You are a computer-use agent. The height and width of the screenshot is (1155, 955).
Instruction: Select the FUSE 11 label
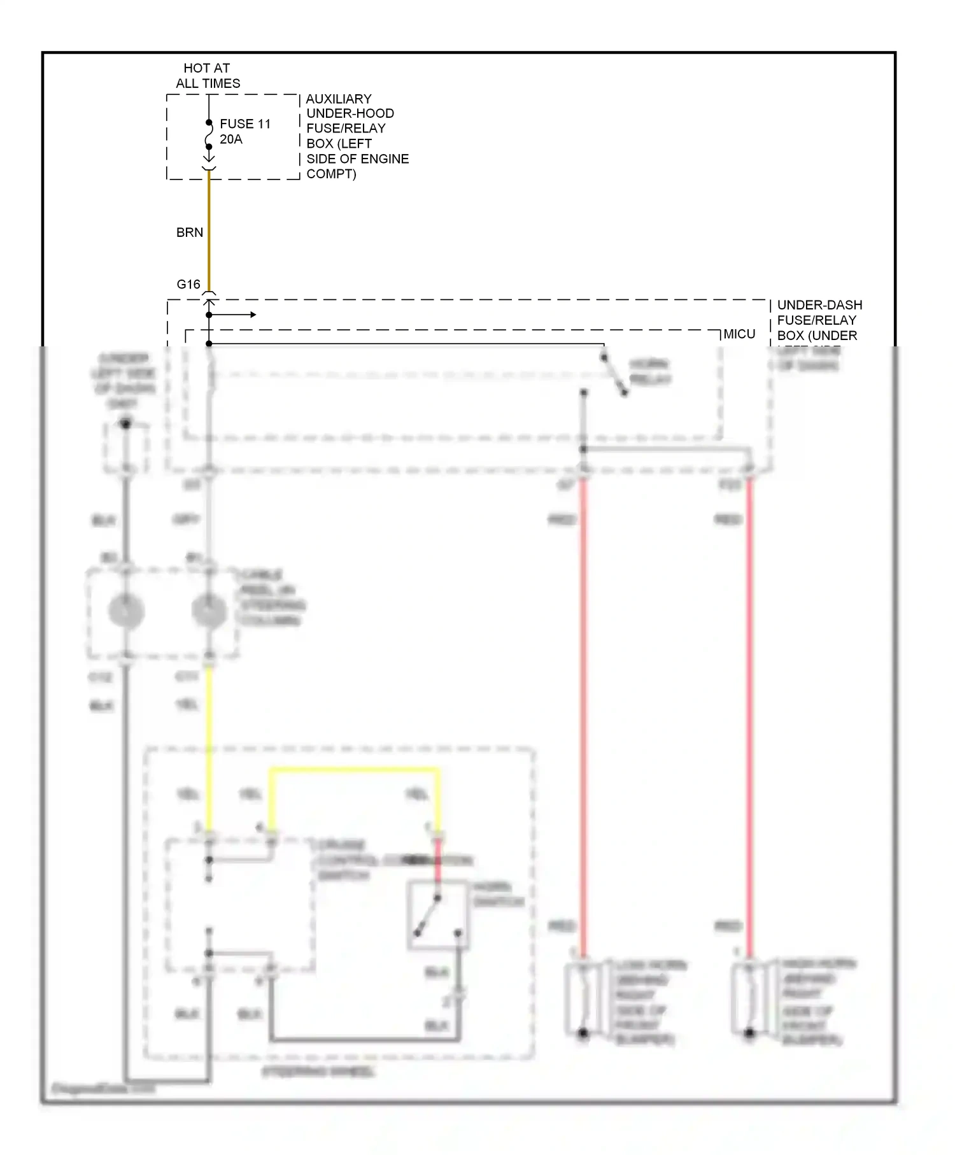click(245, 124)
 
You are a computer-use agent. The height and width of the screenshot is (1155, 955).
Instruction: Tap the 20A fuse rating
click(231, 139)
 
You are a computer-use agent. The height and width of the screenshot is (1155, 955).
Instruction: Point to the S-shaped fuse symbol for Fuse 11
click(209, 135)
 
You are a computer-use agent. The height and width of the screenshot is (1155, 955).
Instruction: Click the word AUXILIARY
click(339, 99)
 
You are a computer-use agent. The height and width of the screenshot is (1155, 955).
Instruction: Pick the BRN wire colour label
click(190, 232)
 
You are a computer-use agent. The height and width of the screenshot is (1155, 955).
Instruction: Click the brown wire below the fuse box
click(209, 229)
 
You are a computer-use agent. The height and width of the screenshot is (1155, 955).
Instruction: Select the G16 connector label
click(188, 284)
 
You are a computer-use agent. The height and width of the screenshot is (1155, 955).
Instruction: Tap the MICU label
click(739, 334)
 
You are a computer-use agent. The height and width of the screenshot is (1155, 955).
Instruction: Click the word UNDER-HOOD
click(350, 113)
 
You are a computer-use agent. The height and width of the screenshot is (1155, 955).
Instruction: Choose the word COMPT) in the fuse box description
click(331, 174)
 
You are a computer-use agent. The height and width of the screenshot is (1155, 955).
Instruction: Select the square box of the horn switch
click(438, 916)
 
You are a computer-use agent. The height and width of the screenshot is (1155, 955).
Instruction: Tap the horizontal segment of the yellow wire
click(354, 770)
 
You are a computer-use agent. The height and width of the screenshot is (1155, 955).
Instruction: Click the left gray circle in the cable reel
click(126, 611)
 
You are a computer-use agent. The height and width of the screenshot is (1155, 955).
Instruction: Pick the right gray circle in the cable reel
click(209, 611)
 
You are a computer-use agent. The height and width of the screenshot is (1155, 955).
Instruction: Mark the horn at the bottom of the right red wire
click(749, 1000)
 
